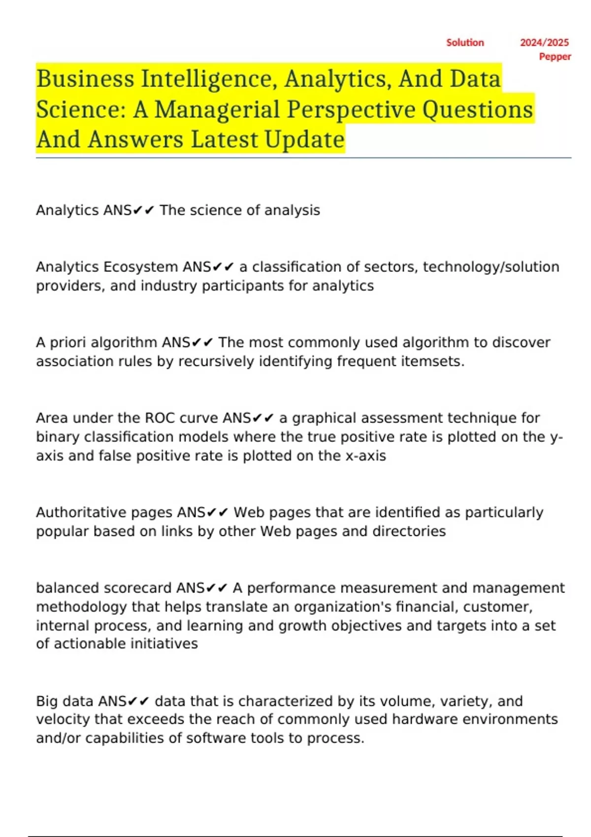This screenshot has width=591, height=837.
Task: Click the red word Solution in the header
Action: [x=465, y=43]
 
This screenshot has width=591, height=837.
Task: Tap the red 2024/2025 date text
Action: [x=544, y=43]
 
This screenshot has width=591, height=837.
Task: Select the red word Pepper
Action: [x=555, y=57]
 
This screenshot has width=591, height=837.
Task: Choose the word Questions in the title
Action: [x=478, y=109]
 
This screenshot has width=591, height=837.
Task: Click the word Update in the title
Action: [x=304, y=139]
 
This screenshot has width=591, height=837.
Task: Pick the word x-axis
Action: [x=365, y=456]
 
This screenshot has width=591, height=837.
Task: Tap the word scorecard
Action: [x=137, y=588]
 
